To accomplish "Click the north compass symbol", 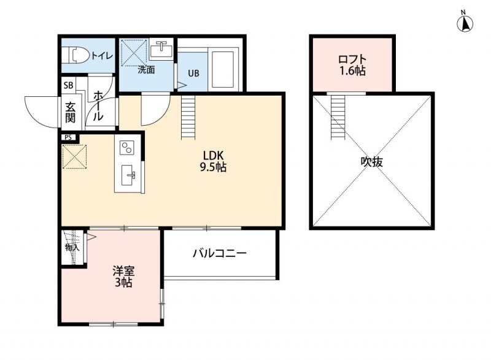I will tap(466, 23).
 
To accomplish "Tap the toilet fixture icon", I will tap(75, 55).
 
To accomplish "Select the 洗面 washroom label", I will tap(145, 70).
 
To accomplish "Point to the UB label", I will tap(193, 73).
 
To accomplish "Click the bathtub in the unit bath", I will tap(222, 68).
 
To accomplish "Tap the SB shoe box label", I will tap(68, 86).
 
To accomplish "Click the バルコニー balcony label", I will tap(219, 252).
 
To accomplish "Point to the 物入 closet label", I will tap(72, 248).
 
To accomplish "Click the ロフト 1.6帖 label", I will tap(352, 65).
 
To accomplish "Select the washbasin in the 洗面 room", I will tap(161, 48).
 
